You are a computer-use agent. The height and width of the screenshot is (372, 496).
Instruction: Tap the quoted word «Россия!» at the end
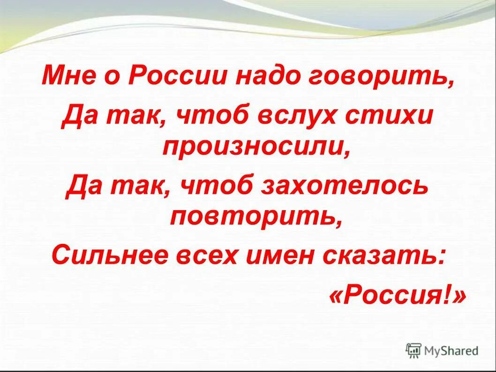click(x=398, y=296)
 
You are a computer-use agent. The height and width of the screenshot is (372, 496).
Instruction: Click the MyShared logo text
click(x=451, y=350)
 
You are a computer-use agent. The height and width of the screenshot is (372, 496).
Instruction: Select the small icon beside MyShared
click(x=413, y=349)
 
